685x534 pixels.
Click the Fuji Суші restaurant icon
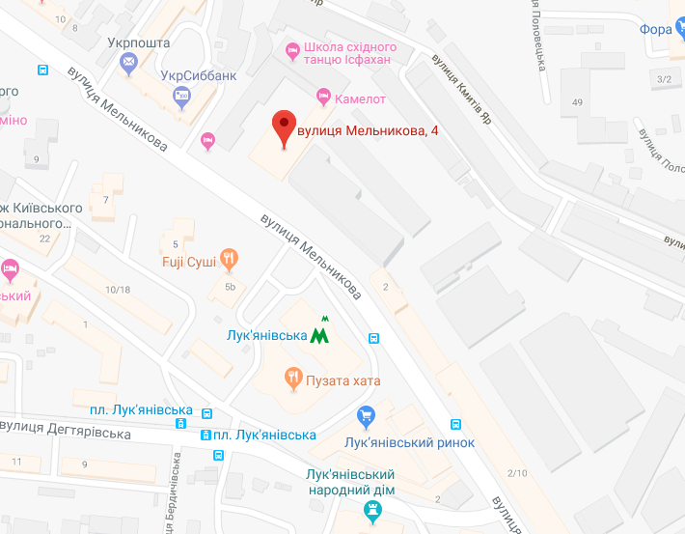229,258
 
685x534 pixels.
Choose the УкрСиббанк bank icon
180,95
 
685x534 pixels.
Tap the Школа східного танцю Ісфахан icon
291,49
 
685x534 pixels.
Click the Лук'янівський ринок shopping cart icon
366,417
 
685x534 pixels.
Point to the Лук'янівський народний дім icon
372,509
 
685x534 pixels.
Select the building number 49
578,102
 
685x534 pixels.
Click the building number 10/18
118,290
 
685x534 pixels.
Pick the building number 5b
230,287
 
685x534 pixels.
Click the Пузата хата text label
344,380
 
